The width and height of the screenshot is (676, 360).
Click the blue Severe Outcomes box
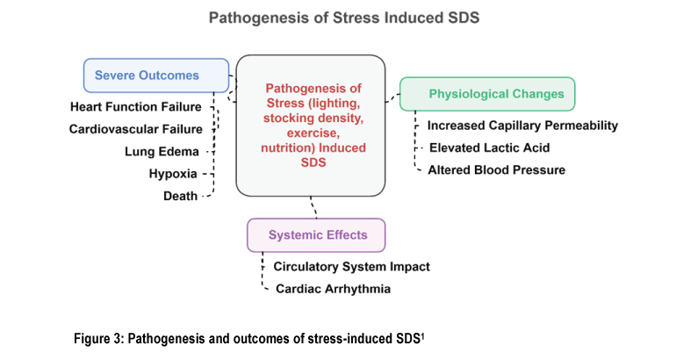tap(156, 76)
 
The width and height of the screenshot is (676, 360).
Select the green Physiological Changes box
tap(487, 94)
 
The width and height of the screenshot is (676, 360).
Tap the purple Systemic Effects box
tap(316, 235)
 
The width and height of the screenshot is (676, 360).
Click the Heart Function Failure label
tap(136, 107)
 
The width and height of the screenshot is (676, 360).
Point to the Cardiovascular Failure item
tap(136, 129)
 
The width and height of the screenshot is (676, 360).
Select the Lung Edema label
tap(162, 152)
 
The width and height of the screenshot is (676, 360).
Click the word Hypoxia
tap(173, 174)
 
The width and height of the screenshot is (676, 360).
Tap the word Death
tap(180, 196)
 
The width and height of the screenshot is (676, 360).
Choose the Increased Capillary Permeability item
tap(522, 126)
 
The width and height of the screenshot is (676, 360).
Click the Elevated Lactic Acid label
tap(489, 148)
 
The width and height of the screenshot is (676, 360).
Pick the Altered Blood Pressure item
tap(496, 169)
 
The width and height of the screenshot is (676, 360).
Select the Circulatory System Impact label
tap(351, 266)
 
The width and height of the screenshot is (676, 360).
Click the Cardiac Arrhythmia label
tap(333, 289)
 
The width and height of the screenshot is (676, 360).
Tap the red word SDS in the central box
tap(313, 162)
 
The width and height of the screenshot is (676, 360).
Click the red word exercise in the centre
tap(313, 133)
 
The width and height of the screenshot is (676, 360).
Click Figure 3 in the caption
tap(98, 338)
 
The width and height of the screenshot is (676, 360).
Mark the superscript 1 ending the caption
tap(422, 336)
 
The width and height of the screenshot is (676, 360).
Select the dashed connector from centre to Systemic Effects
tap(313, 207)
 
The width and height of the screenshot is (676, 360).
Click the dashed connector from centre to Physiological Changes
tap(392, 98)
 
